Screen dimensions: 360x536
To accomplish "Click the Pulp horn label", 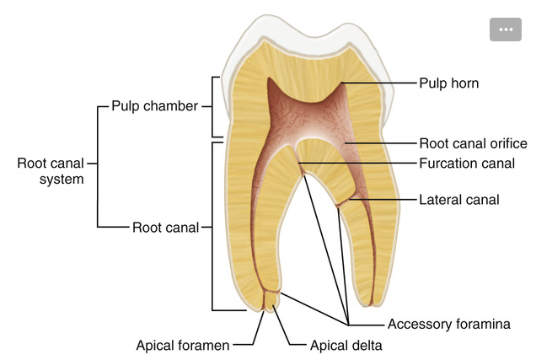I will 448,83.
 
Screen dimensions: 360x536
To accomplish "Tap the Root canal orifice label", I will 473,143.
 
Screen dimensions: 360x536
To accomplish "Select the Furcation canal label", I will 467,163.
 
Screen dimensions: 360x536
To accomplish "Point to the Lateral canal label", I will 459,200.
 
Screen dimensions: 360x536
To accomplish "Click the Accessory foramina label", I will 448,324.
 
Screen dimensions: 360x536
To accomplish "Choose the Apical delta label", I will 346,345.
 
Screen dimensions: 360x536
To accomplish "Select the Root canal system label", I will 50,170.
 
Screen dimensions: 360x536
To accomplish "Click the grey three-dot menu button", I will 506,29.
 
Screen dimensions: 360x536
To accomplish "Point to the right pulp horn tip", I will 343,84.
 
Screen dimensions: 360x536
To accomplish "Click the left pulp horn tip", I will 268,81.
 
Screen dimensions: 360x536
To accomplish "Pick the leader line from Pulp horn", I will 379,83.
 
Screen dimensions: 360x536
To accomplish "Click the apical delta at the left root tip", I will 271,298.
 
